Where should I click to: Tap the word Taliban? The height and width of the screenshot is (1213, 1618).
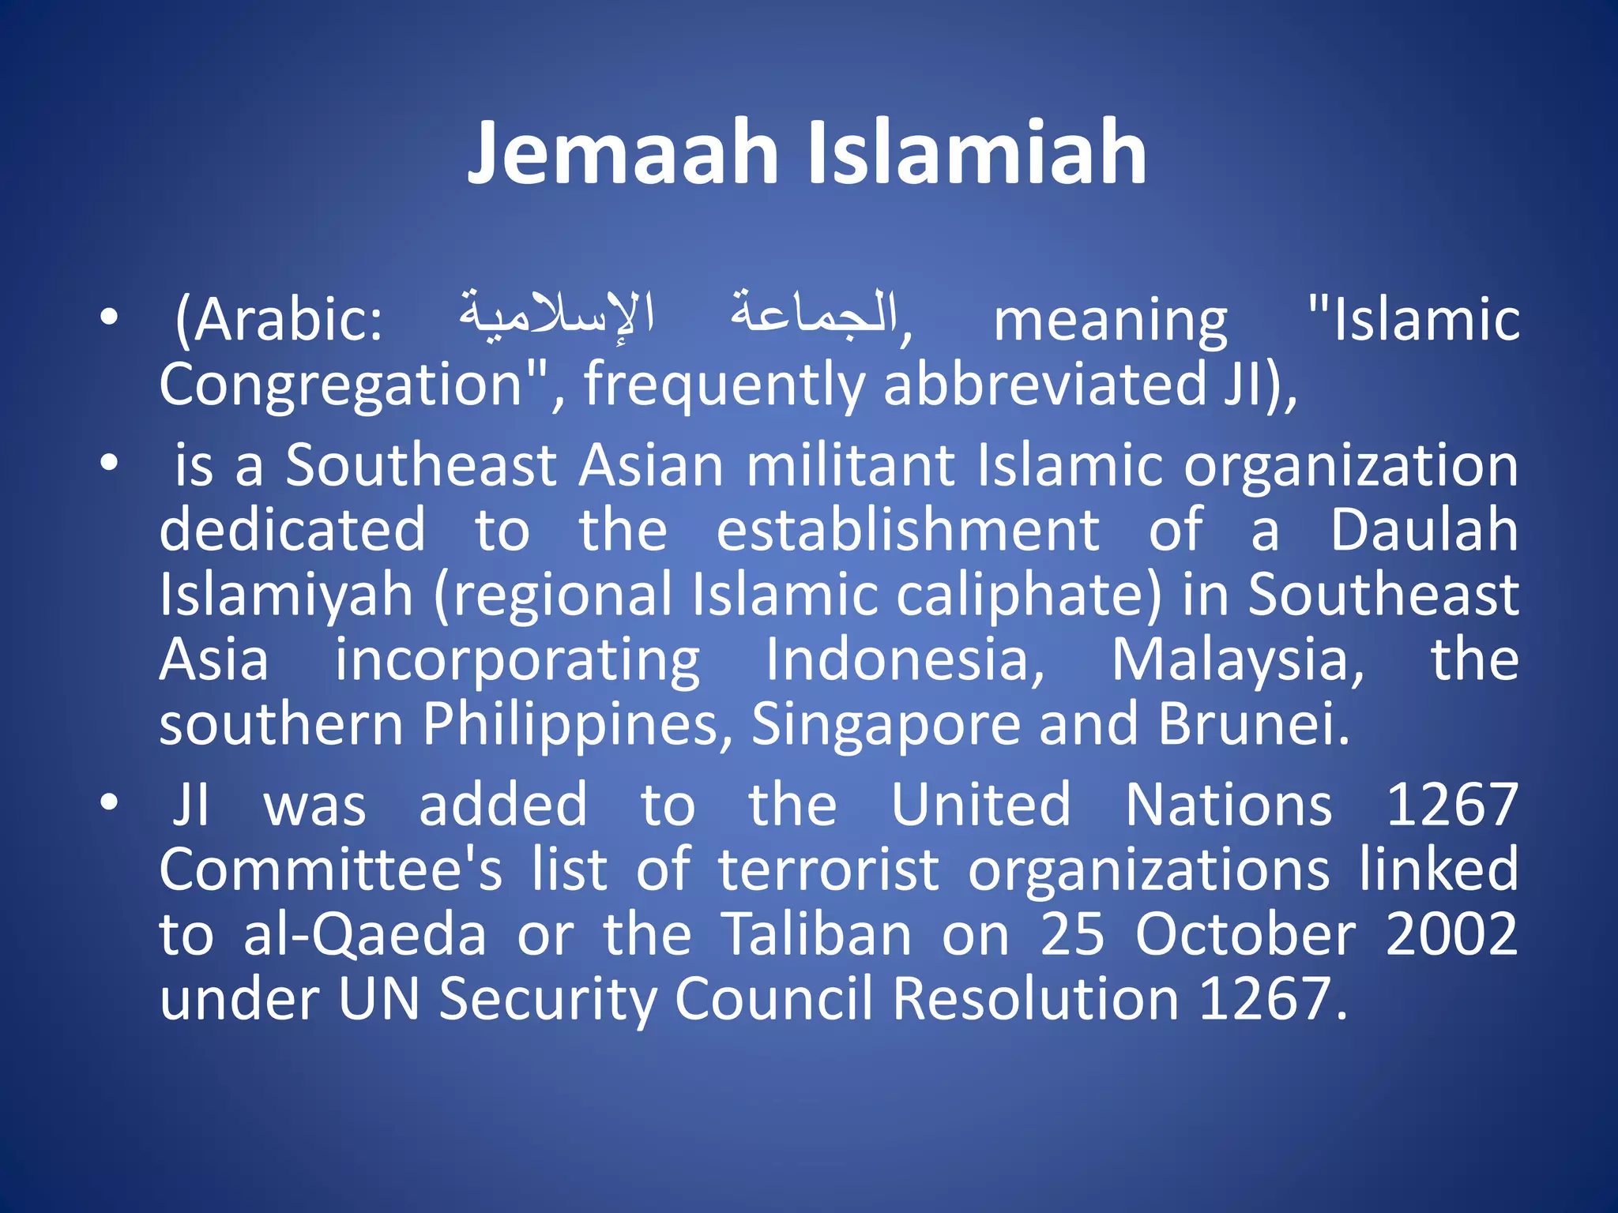[817, 934]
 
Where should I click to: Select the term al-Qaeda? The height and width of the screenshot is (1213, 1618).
[364, 934]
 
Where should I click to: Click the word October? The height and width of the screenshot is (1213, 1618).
[1246, 934]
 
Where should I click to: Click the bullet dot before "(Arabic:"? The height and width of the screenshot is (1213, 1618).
[109, 318]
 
